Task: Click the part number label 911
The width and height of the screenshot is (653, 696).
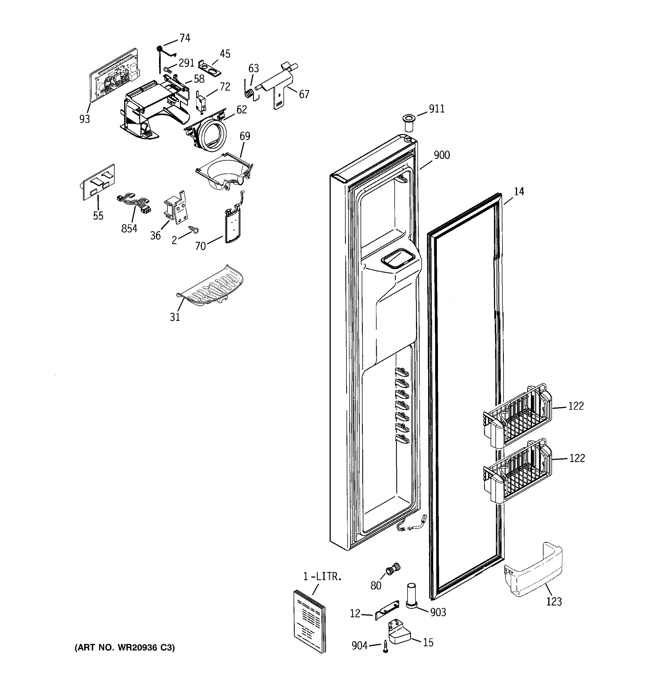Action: pyautogui.click(x=436, y=109)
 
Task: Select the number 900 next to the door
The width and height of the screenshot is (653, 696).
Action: pyautogui.click(x=442, y=155)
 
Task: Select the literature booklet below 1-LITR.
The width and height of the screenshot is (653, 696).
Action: pyautogui.click(x=309, y=621)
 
